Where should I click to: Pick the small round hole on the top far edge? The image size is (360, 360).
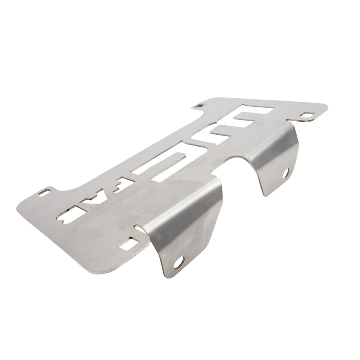pos(200,106)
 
